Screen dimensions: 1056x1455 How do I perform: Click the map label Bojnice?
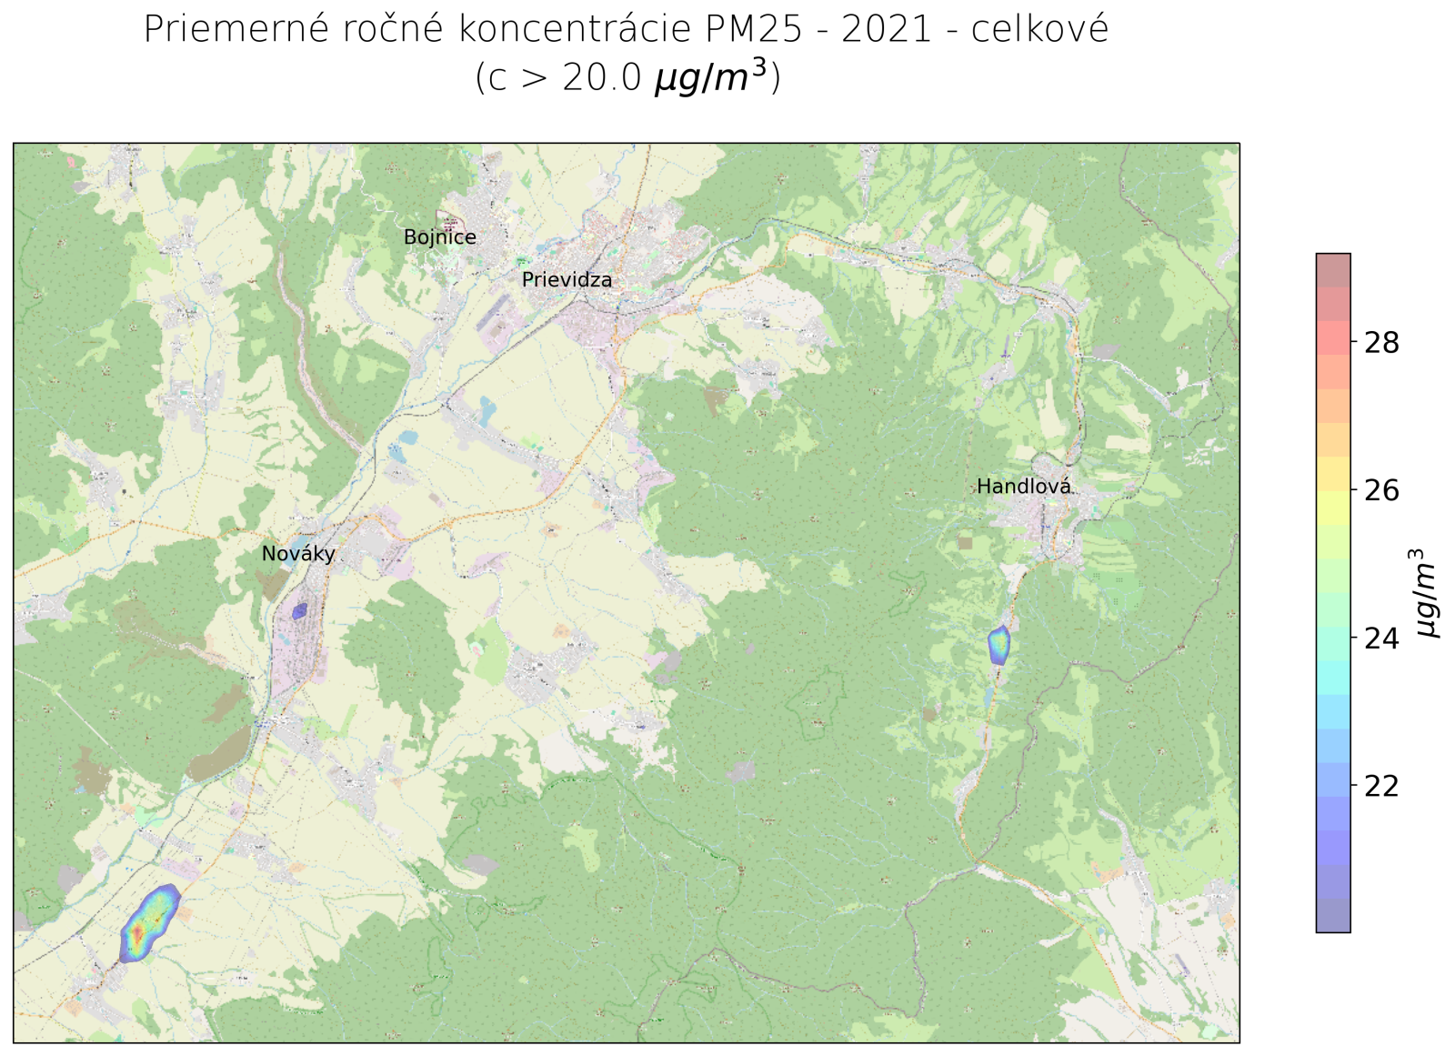[439, 237]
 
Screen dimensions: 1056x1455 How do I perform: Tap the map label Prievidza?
[567, 280]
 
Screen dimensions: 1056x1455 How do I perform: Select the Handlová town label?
[1023, 487]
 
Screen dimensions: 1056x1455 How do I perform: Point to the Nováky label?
[298, 553]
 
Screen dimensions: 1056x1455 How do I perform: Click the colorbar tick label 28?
[1381, 343]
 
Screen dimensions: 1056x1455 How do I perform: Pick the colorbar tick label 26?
[1381, 491]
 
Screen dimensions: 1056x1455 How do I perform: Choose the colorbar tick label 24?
[1381, 639]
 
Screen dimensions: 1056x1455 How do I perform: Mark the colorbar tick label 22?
[1381, 786]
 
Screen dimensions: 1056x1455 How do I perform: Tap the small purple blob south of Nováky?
[299, 611]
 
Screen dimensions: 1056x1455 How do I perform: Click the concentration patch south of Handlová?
[998, 644]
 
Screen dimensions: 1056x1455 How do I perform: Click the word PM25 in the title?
[754, 29]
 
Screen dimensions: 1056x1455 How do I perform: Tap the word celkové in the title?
[1039, 29]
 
